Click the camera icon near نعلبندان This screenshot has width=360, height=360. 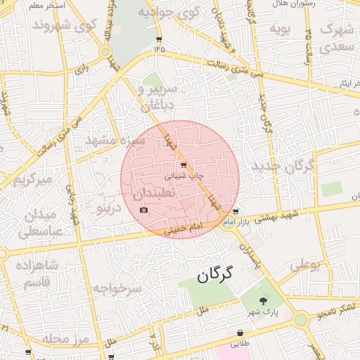click(144, 210)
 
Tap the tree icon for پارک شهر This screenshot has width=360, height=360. click(264, 300)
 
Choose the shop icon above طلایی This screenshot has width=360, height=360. click(240, 333)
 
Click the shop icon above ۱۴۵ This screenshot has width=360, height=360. click(159, 39)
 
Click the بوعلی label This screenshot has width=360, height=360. click(305, 265)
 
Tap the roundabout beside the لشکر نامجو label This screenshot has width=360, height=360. click(301, 320)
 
